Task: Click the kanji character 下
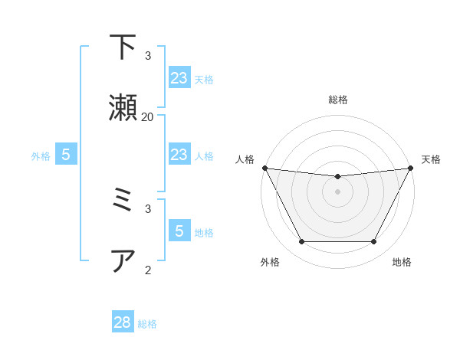point(123,47)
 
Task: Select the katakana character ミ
point(123,201)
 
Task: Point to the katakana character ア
point(123,260)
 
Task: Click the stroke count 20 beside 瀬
point(148,116)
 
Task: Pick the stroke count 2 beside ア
point(148,269)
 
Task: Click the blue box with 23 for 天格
point(179,78)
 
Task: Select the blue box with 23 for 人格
point(179,155)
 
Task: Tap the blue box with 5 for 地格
point(179,231)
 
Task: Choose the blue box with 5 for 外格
point(66,155)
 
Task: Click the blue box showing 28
point(123,322)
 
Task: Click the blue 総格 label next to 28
point(148,324)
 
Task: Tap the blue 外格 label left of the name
point(41,156)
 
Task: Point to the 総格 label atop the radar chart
point(338,100)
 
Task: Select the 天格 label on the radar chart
point(432,159)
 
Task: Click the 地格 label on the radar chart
point(402,262)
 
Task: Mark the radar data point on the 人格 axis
point(264,168)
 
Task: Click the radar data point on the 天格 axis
point(411,168)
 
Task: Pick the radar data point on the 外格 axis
point(301,242)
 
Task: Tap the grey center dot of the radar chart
point(338,191)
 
